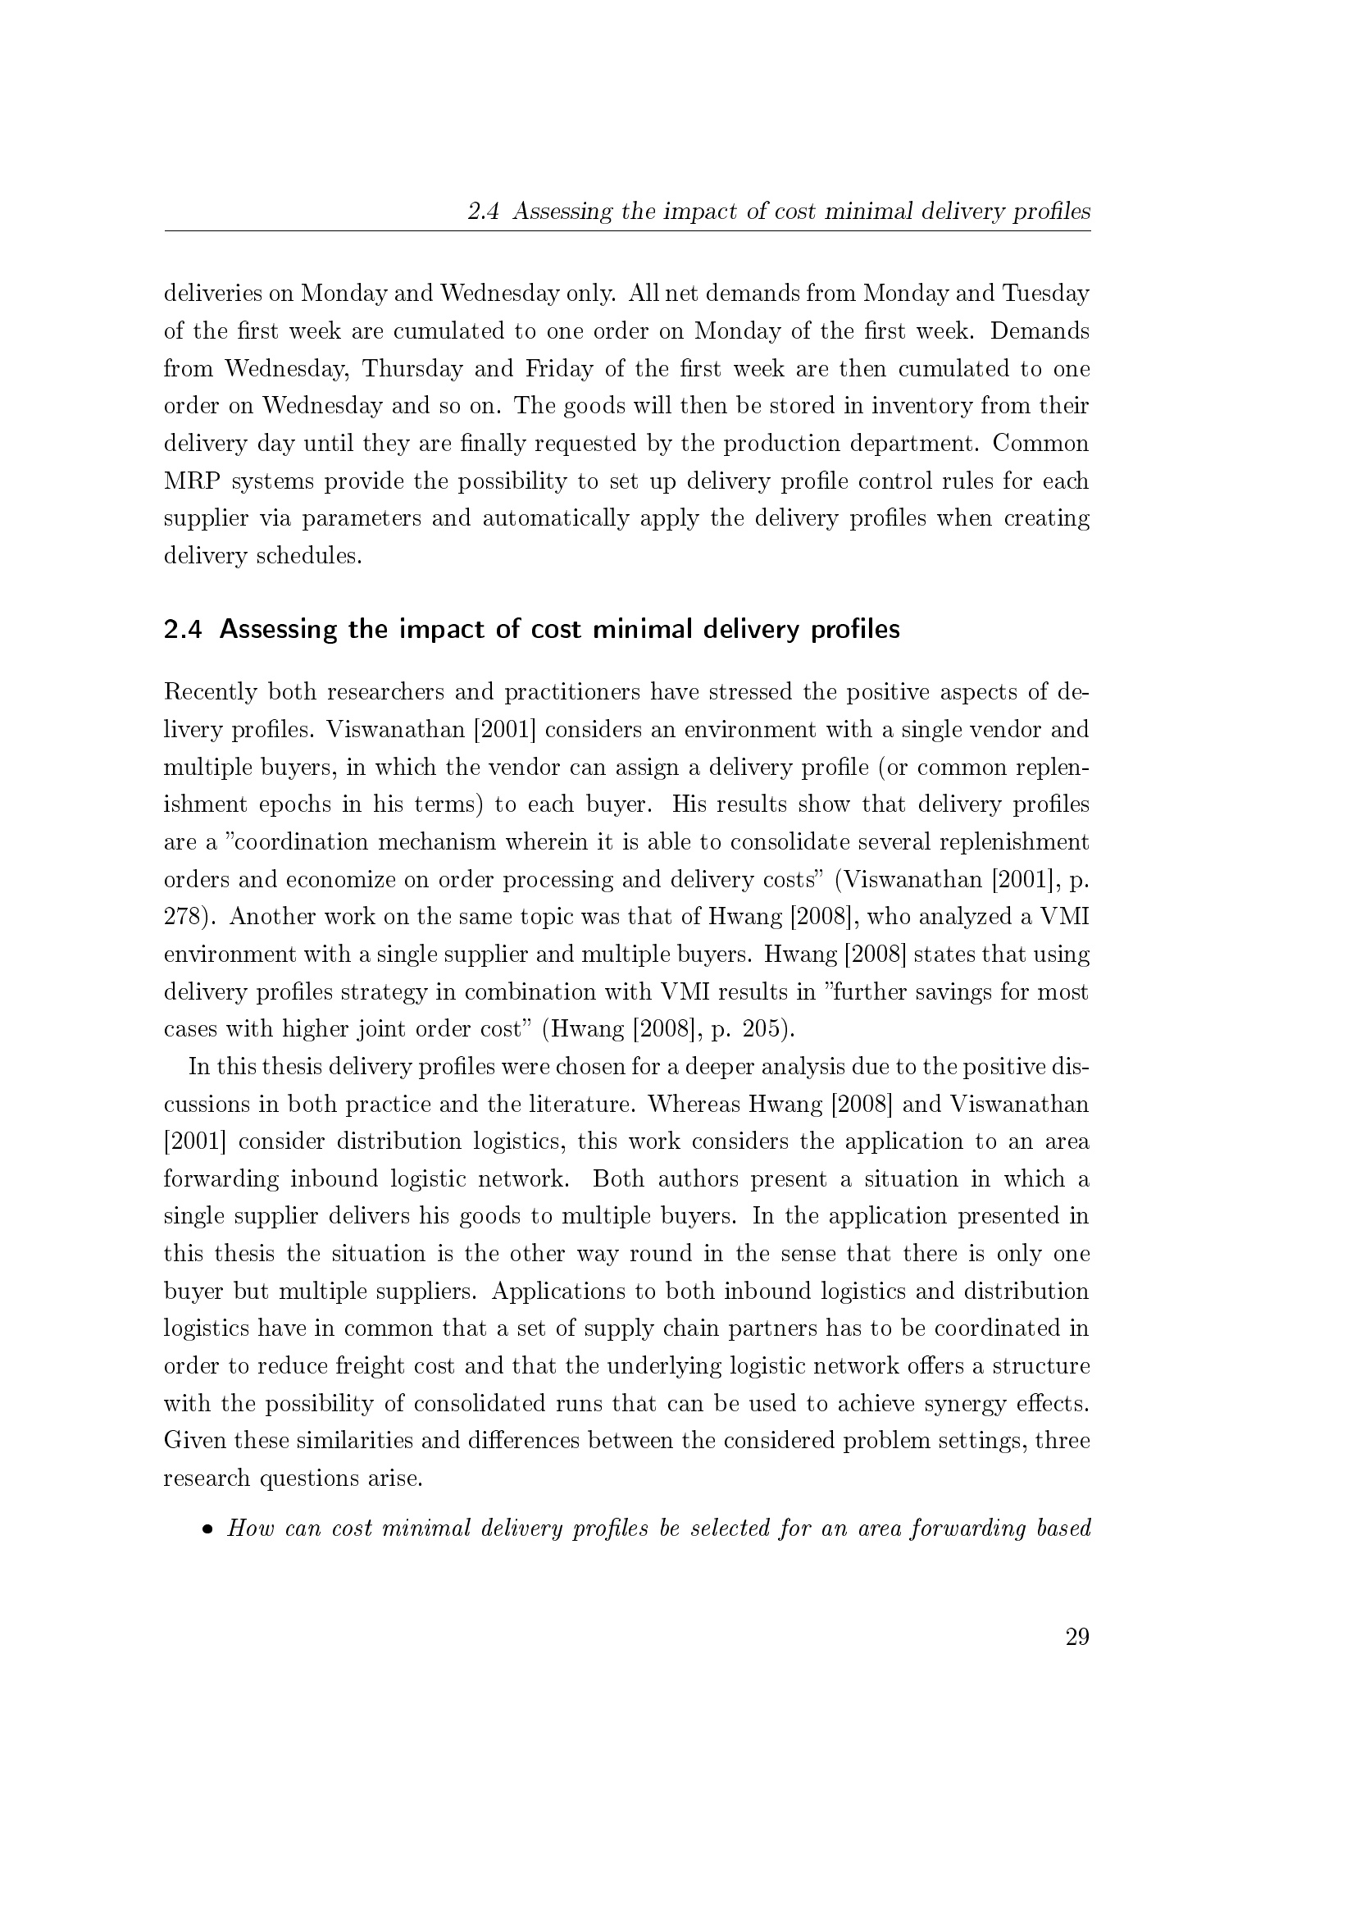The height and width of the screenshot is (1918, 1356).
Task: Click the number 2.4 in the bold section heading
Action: tap(183, 629)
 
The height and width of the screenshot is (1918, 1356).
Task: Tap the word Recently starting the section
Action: tap(210, 692)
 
